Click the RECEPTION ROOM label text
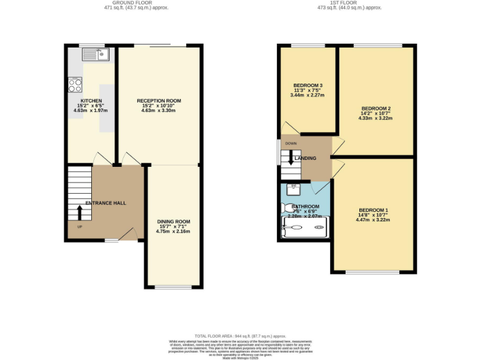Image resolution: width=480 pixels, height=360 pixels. (x=159, y=101)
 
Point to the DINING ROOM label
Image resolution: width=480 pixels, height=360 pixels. (x=173, y=221)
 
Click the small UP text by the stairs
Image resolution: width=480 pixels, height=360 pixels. (x=79, y=226)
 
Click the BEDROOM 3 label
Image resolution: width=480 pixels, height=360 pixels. (x=308, y=85)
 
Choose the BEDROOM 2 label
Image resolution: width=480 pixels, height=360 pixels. (x=376, y=107)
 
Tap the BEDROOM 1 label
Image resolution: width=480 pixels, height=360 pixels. (x=373, y=209)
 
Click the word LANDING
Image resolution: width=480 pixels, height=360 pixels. (x=306, y=158)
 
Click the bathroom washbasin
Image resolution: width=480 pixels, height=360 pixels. (x=294, y=187)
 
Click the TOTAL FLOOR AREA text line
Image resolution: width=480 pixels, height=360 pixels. (x=240, y=336)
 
